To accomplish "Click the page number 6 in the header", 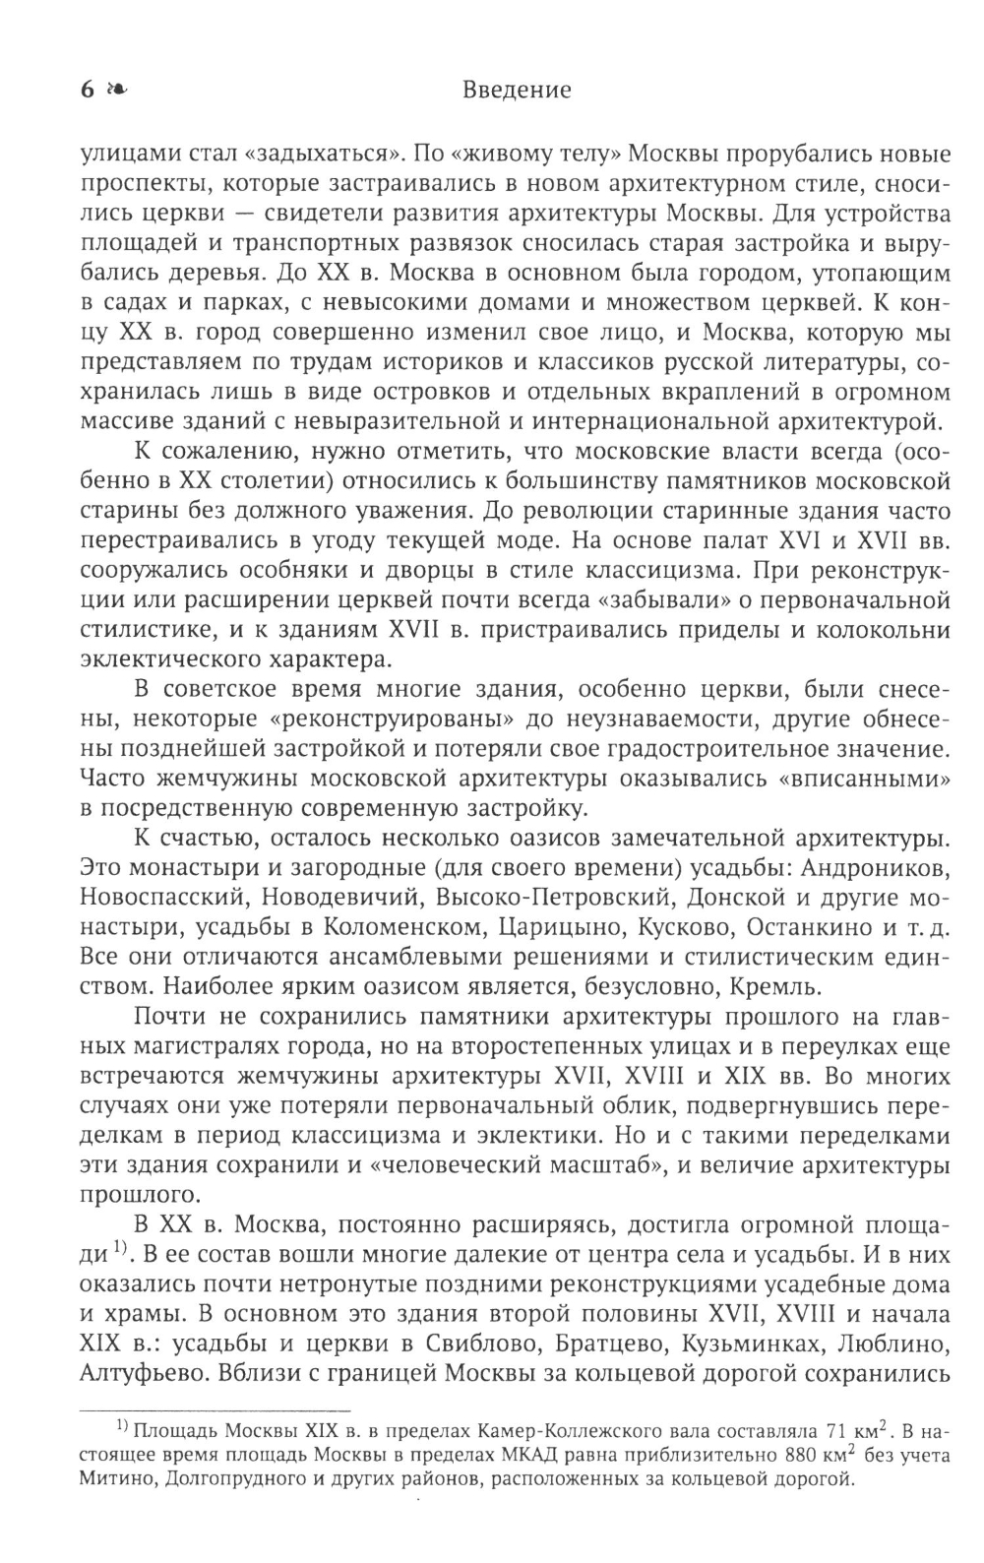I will point(87,91).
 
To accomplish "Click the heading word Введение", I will point(516,91).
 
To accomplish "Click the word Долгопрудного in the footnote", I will point(223,1481).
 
